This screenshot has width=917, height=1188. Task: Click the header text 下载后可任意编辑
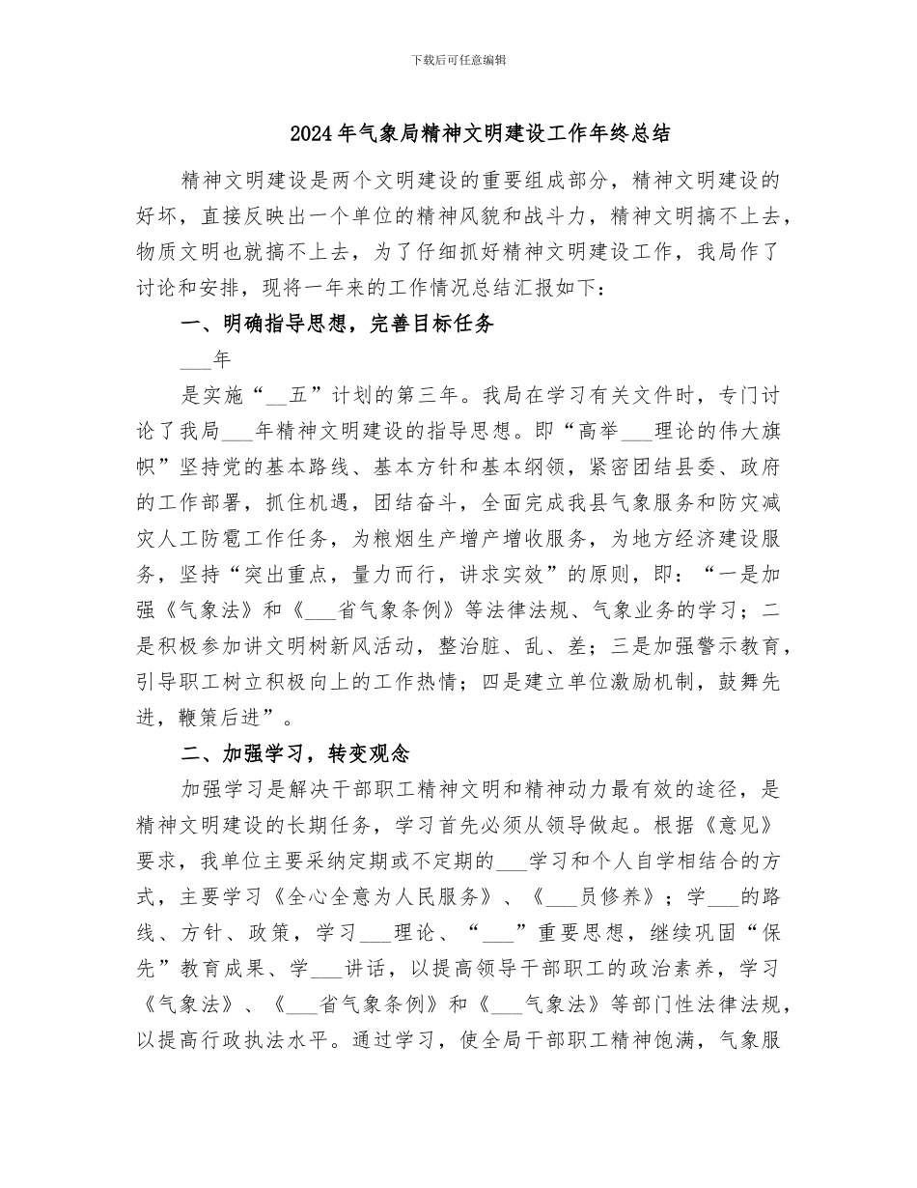458,60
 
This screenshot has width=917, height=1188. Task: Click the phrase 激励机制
648,682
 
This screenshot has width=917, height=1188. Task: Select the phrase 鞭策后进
222,718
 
